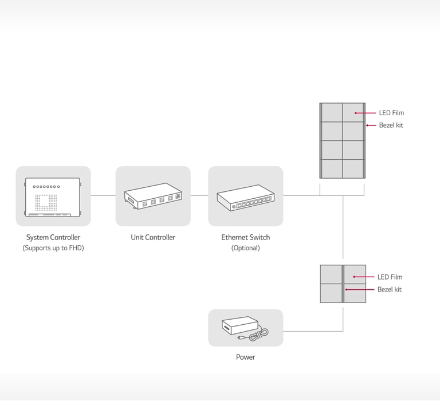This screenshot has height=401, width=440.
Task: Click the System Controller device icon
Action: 53,197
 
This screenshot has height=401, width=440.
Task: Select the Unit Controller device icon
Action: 153,196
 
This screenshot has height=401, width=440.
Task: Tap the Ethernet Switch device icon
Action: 246,198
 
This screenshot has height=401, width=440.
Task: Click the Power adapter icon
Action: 245,329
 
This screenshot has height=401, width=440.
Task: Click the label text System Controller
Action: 53,237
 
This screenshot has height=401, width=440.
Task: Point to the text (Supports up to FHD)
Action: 53,248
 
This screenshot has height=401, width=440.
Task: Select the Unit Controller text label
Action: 153,237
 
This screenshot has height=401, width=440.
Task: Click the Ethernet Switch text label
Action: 246,237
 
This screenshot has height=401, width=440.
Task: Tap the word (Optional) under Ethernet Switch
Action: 246,248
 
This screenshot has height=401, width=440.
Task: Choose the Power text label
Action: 246,357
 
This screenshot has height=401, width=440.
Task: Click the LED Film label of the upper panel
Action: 391,113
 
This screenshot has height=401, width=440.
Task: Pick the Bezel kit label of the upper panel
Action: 391,125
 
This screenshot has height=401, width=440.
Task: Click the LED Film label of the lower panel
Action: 390,277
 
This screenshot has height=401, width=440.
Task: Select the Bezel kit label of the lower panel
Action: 390,289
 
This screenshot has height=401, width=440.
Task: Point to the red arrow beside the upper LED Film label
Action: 365,113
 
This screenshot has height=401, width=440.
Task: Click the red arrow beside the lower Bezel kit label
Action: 359,289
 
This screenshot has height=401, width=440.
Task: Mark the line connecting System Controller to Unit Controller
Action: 103,195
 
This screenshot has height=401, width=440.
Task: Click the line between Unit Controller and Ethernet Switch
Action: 199,195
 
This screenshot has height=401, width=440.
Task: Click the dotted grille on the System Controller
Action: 46,202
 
